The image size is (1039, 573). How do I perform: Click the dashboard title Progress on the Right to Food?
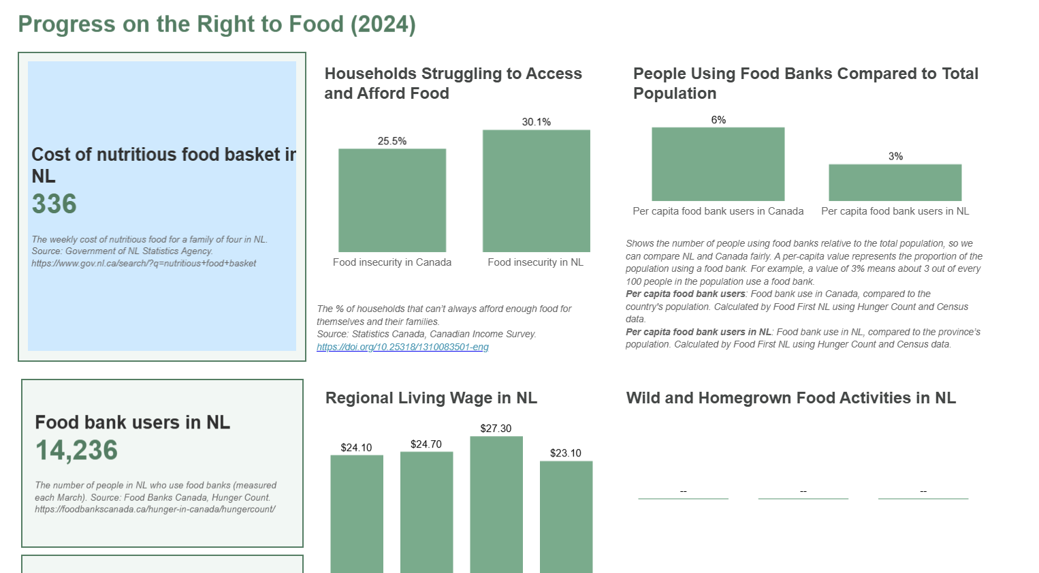pos(217,25)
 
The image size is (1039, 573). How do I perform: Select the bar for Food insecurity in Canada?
pos(392,200)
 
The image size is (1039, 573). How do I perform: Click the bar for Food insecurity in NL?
pos(536,191)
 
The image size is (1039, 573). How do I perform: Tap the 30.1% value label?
pos(536,122)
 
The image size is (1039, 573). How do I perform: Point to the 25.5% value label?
pos(392,141)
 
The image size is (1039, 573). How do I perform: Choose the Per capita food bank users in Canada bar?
pos(718,164)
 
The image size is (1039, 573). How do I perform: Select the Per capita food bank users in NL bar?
pos(895,183)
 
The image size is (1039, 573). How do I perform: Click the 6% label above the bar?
pos(718,120)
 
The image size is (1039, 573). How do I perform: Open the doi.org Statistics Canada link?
pos(402,347)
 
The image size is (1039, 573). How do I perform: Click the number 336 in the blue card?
pos(54,204)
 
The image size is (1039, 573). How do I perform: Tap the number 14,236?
pos(76,450)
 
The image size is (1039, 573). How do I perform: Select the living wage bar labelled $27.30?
pos(496,504)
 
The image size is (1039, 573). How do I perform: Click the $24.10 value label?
pos(356,448)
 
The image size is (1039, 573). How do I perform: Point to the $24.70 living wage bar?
pos(426,512)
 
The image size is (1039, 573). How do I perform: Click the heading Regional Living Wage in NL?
pos(431,398)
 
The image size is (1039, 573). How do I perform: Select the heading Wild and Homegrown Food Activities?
pos(790,398)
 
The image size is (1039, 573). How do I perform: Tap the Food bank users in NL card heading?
pos(133,422)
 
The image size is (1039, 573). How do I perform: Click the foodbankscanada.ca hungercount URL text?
pos(155,509)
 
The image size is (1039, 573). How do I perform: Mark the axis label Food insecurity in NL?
pos(535,262)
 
